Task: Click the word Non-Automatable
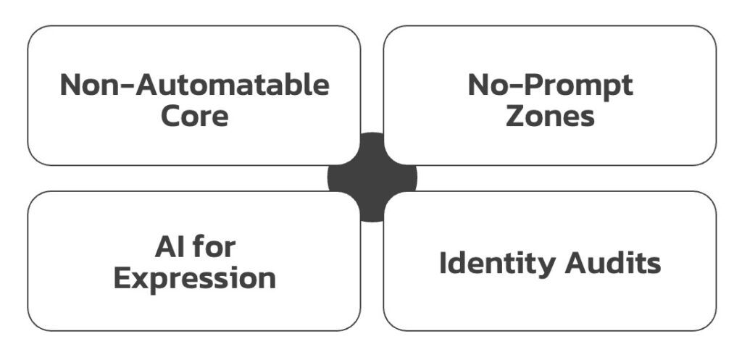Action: (x=194, y=85)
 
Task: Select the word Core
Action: (x=194, y=115)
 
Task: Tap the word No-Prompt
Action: (x=550, y=85)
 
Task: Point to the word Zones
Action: (x=550, y=115)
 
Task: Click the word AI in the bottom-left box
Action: (x=164, y=248)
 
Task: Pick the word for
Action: (x=213, y=248)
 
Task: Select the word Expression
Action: (x=194, y=278)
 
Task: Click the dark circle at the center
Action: (x=372, y=177)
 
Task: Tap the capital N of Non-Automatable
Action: (x=71, y=85)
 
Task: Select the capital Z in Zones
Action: (x=515, y=115)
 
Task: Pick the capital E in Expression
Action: (x=123, y=278)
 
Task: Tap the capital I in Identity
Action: (x=443, y=263)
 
